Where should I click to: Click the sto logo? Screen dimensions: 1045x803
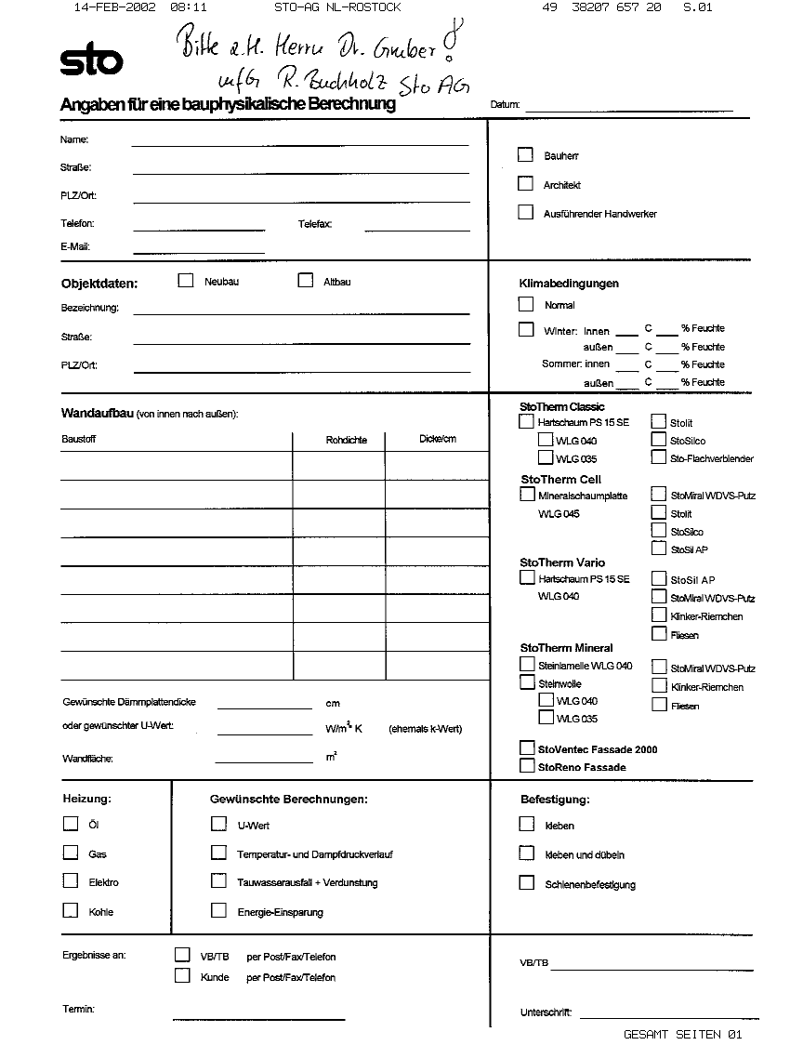pos(91,61)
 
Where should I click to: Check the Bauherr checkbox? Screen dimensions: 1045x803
pos(526,155)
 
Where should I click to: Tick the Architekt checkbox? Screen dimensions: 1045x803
pos(526,184)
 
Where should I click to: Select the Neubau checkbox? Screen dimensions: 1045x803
pos(186,281)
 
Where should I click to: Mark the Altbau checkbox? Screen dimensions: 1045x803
pos(305,281)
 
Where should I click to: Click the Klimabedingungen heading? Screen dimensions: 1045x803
pos(569,284)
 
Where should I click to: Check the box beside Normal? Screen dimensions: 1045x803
pos(526,304)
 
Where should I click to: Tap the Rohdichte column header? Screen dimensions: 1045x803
pos(346,440)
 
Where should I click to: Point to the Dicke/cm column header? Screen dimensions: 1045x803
pos(438,439)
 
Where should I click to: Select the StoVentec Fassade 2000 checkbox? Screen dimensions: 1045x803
pos(527,748)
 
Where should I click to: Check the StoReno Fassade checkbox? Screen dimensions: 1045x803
pos(527,766)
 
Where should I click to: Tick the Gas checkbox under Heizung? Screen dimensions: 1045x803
pos(71,853)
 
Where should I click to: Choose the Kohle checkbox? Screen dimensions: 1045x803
pos(71,910)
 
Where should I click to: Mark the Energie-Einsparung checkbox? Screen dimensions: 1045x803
pos(218,911)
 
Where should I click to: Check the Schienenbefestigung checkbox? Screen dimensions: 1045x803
pos(527,883)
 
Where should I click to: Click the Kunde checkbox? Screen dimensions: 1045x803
pos(182,976)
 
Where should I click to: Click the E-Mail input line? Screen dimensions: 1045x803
pos(199,252)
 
